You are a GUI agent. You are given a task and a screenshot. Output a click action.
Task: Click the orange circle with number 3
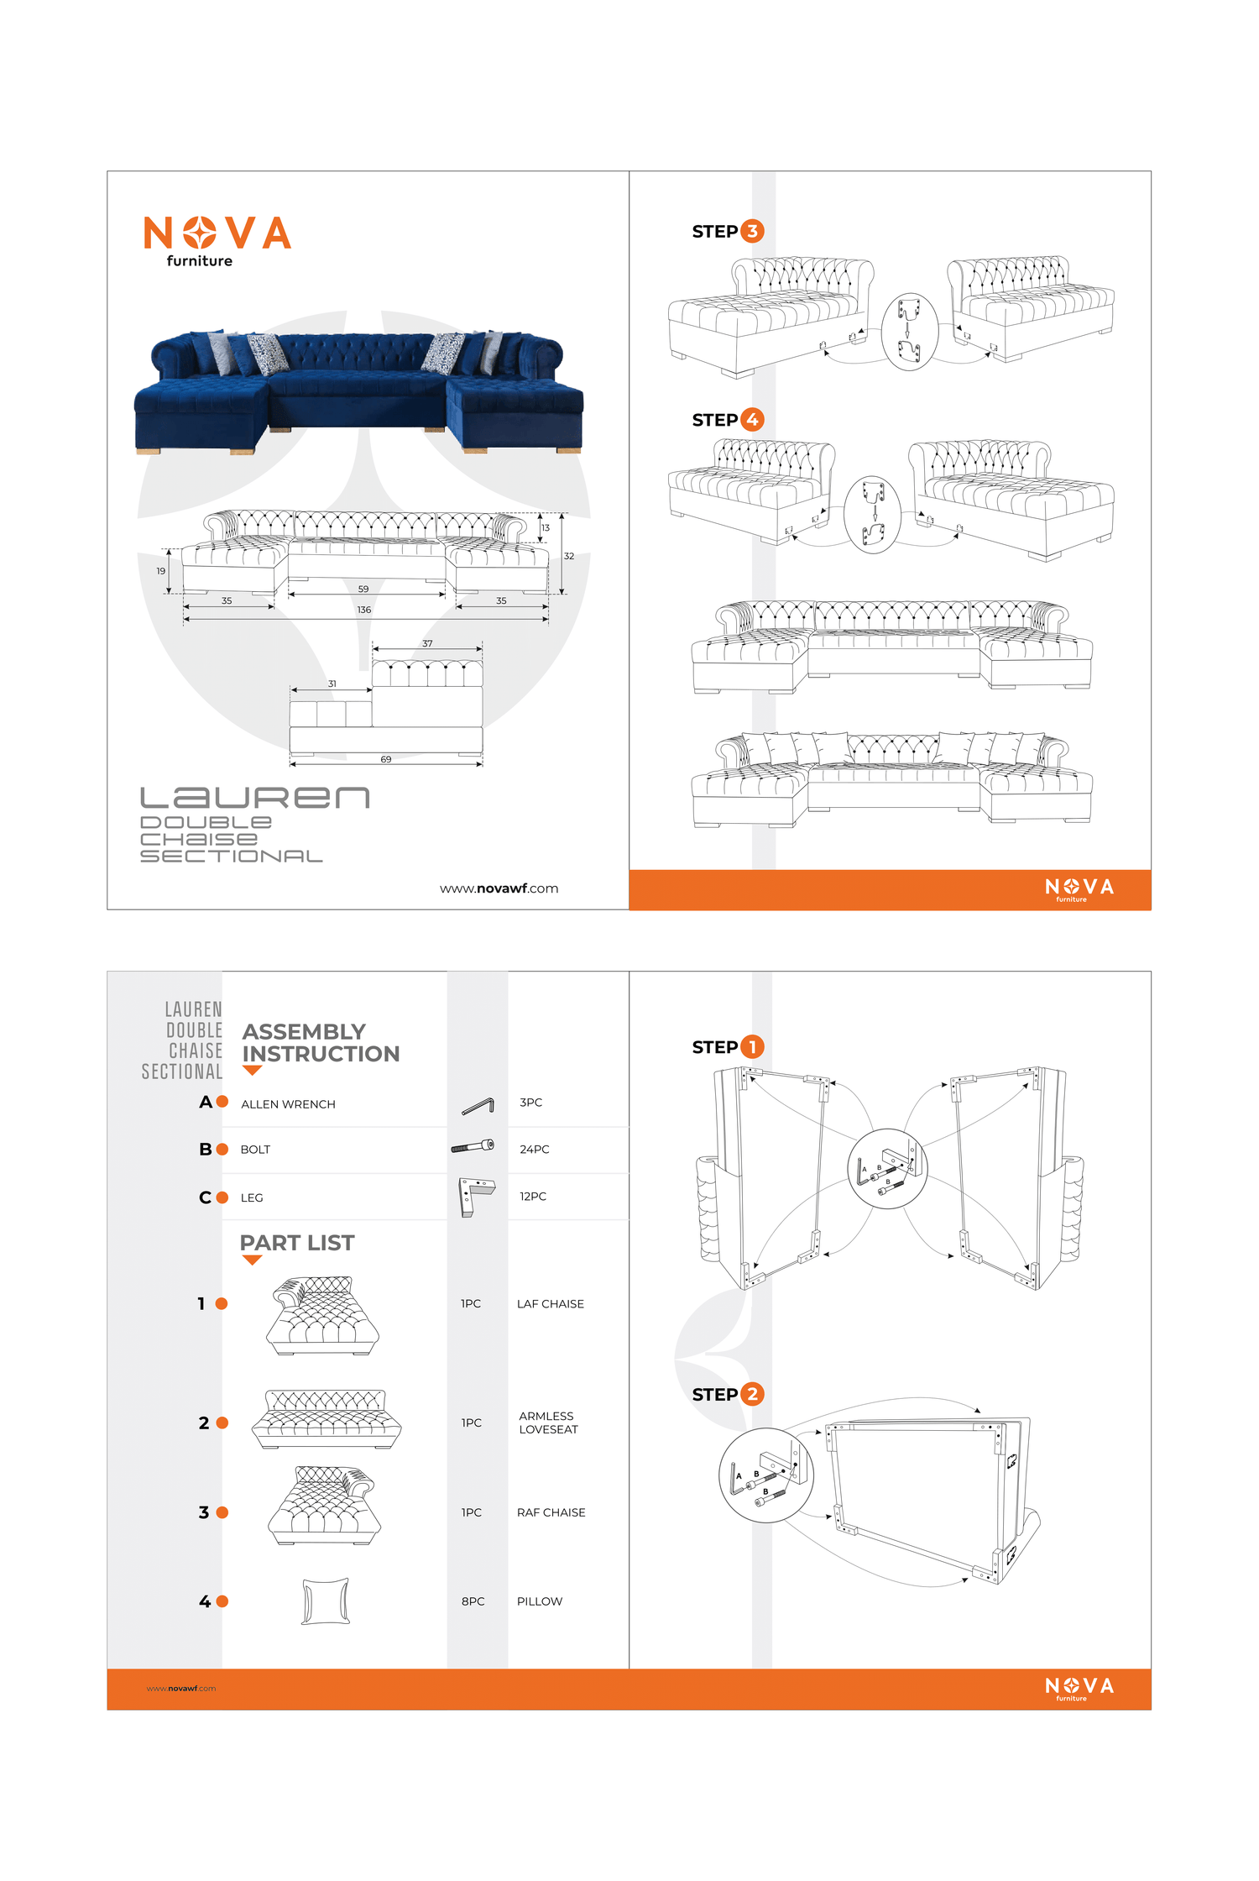point(752,231)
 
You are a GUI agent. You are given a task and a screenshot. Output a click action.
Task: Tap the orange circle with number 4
point(752,419)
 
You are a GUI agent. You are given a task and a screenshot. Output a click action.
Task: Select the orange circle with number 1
point(752,1046)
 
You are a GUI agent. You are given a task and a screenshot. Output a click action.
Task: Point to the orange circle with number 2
point(752,1394)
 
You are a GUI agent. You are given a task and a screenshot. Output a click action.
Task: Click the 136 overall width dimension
point(363,610)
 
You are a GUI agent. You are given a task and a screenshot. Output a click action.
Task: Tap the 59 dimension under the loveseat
point(363,589)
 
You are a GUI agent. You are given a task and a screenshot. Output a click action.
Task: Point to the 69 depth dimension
point(386,759)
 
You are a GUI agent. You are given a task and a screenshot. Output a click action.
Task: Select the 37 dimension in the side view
point(427,643)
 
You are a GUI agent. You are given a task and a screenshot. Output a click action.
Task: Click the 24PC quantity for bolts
point(534,1149)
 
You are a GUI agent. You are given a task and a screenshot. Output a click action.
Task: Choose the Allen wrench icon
point(478,1107)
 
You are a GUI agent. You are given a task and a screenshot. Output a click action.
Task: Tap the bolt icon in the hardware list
point(473,1146)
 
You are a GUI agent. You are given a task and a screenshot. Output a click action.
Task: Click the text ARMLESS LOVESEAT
point(548,1423)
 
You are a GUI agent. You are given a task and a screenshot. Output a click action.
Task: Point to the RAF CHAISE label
point(551,1512)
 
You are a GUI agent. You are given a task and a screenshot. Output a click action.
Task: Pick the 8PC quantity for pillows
point(473,1601)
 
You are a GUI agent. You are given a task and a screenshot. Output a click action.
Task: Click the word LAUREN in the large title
point(254,798)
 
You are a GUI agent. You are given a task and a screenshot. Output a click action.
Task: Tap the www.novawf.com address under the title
point(499,888)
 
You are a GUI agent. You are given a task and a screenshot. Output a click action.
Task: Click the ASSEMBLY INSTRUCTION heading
point(321,1042)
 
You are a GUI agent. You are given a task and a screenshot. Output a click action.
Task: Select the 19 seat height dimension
point(160,571)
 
